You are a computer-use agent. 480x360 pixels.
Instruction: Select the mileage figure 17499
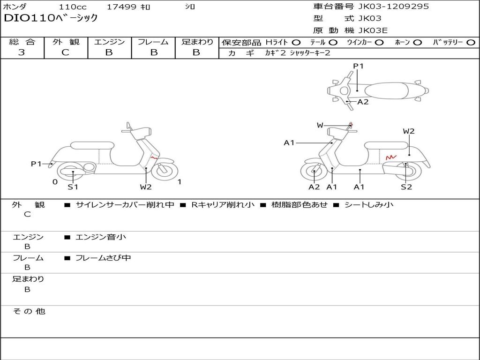coord(121,7)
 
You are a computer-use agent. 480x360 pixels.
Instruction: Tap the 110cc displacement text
coord(72,7)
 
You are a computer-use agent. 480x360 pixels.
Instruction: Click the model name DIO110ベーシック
coord(51,18)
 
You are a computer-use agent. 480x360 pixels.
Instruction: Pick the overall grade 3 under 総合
coord(22,52)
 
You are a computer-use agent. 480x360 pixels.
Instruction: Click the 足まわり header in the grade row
coord(197,42)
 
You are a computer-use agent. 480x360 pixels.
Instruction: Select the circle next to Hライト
coord(296,42)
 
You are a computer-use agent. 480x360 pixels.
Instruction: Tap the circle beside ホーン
coord(417,42)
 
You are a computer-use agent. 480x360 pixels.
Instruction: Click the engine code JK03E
coord(373,30)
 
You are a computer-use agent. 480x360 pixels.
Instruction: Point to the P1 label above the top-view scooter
coord(358,66)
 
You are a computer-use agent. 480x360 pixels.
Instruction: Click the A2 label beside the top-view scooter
coord(363,102)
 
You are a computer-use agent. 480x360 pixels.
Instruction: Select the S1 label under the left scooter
coord(73,187)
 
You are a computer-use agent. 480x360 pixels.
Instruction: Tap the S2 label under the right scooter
coord(406,187)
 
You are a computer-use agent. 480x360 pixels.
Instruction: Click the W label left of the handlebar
coord(320,125)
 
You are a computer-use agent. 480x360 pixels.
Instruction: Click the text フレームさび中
coord(103,258)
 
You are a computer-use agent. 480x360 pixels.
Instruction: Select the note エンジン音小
coord(101,237)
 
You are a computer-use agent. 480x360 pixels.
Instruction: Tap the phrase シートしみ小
coord(369,205)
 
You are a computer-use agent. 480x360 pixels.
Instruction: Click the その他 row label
coord(29,311)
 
